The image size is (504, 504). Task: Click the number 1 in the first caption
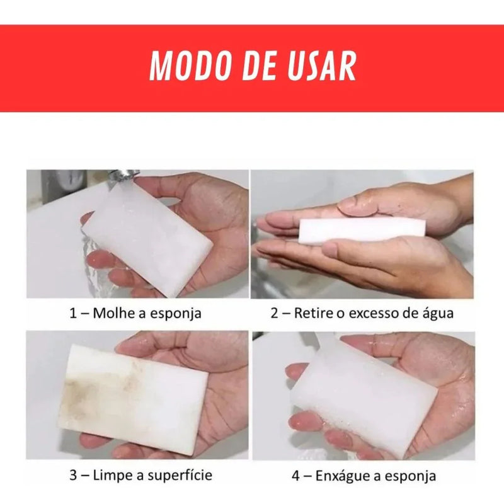(73, 313)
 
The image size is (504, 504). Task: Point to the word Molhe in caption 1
(114, 312)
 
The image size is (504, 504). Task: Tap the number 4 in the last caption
(295, 476)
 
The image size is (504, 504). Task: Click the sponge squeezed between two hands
(362, 230)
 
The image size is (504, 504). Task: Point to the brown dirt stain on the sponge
(96, 389)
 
